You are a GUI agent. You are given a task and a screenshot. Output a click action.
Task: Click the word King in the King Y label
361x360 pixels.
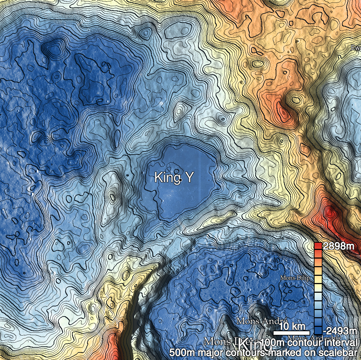point(166,177)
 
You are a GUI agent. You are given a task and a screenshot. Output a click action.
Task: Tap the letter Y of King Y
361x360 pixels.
point(187,177)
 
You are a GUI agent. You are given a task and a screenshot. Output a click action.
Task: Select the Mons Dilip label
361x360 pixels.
point(295,278)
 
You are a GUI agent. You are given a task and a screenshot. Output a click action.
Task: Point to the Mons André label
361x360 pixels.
point(261,321)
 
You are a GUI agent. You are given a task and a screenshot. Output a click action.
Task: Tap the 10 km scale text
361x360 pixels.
point(292,327)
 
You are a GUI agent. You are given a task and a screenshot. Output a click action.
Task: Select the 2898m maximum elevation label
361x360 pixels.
point(338,247)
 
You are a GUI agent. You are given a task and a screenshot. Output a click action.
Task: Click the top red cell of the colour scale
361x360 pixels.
point(318,246)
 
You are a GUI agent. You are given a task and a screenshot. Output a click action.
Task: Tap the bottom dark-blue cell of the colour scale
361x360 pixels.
point(318,330)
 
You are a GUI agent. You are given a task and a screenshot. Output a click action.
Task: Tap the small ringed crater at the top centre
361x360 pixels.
point(145,33)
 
